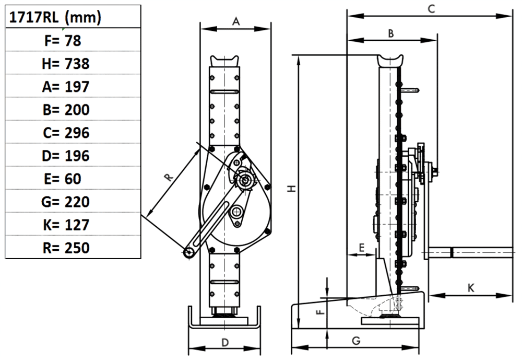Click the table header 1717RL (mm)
coord(54,18)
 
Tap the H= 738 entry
coord(66,64)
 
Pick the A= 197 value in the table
coord(66,87)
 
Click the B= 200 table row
coord(66,110)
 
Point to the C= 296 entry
coord(66,133)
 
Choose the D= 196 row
coord(66,156)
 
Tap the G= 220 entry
coord(66,202)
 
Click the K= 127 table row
coord(66,225)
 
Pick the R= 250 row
coord(66,248)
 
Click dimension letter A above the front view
coord(235,21)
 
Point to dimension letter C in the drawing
coord(431,9)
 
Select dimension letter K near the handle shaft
coord(470,287)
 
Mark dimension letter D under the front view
coord(225,342)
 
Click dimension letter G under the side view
coord(356,341)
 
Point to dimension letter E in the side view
coord(361,247)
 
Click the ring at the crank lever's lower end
coord(188,253)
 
